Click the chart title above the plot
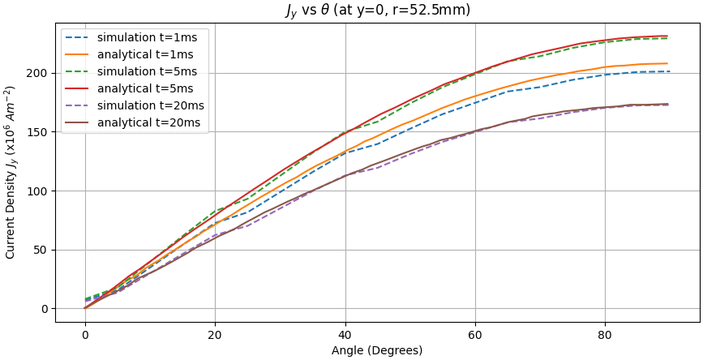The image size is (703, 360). pyautogui.click(x=377, y=11)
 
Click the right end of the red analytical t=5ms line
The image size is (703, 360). pyautogui.click(x=668, y=36)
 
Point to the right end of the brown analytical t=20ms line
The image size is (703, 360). pyautogui.click(x=668, y=104)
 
